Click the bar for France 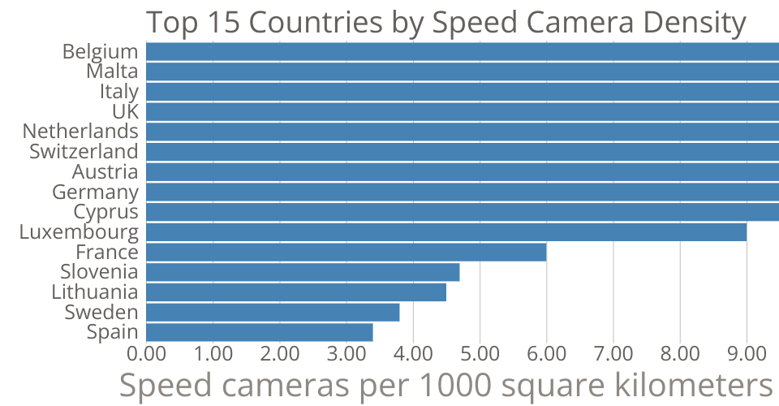pyautogui.click(x=346, y=252)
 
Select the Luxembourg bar pyautogui.click(x=446, y=231)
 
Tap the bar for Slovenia pyautogui.click(x=303, y=272)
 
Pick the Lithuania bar pyautogui.click(x=296, y=292)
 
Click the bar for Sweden pyautogui.click(x=273, y=312)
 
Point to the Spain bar pyautogui.click(x=260, y=332)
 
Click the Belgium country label pyautogui.click(x=101, y=51)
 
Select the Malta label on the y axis pyautogui.click(x=112, y=71)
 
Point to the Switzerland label pyautogui.click(x=84, y=151)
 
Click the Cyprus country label pyautogui.click(x=105, y=212)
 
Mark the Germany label pyautogui.click(x=95, y=192)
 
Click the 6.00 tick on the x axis pyautogui.click(x=546, y=354)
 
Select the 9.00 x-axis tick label pyautogui.click(x=746, y=354)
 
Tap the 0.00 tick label pyautogui.click(x=146, y=354)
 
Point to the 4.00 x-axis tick pyautogui.click(x=413, y=354)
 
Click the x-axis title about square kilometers pyautogui.click(x=445, y=385)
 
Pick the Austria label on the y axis pyautogui.click(x=105, y=172)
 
